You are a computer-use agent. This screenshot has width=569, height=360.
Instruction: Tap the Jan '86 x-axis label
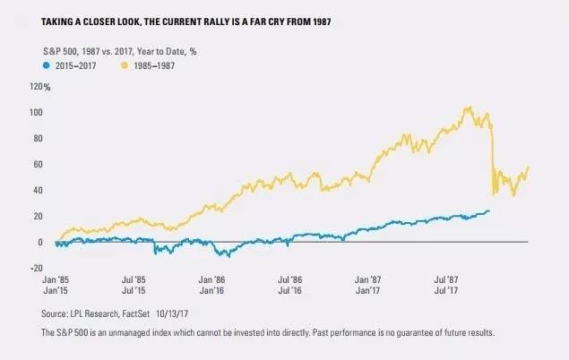pos(211,281)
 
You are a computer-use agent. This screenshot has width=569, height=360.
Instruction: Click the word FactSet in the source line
pos(150,313)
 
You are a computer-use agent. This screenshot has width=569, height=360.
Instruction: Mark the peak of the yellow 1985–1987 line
pos(469,107)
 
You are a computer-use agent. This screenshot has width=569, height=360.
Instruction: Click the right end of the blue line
pos(489,211)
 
